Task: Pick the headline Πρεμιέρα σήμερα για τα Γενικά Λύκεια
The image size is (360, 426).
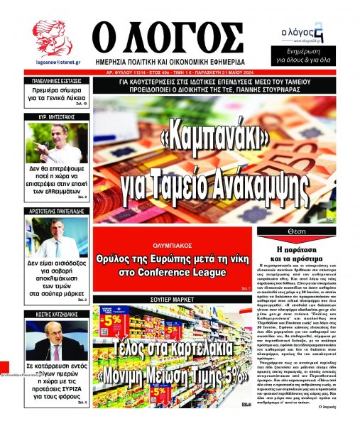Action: click(58, 97)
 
